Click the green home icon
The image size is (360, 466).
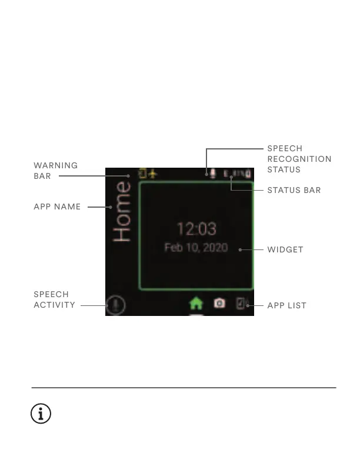point(196,303)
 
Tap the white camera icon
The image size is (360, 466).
point(219,303)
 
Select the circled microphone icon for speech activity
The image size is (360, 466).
point(116,305)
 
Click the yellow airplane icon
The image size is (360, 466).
point(153,174)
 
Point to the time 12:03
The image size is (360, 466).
point(196,229)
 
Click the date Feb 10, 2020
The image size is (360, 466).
point(196,248)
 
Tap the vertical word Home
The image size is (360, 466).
point(122,211)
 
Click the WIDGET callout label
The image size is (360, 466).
point(285,249)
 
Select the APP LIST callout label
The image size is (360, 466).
point(287,306)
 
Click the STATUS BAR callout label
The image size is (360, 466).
point(294,191)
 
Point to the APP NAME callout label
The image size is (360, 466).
point(57,207)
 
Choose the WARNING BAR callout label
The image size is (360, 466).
point(55,171)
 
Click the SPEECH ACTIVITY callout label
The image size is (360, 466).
point(54,299)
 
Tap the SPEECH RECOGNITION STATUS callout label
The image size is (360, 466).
point(299,159)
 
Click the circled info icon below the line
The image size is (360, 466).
point(41,414)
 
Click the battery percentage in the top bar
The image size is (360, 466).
point(237,174)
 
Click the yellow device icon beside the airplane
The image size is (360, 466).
point(142,174)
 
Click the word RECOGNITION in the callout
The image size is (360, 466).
point(299,159)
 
